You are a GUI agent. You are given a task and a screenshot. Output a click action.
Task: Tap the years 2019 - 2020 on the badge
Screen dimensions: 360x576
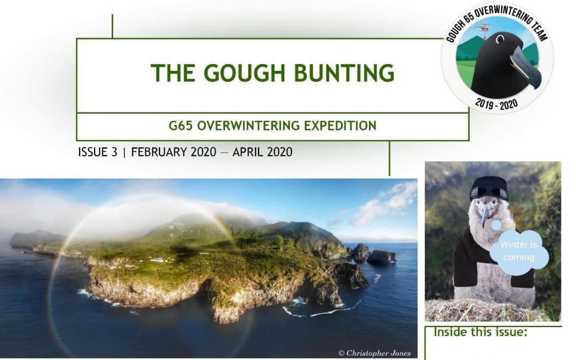[x=497, y=103]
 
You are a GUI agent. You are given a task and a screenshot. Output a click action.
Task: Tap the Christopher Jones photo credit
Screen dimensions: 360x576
[x=374, y=353]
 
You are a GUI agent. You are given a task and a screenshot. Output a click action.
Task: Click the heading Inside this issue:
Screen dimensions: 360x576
[x=480, y=333]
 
